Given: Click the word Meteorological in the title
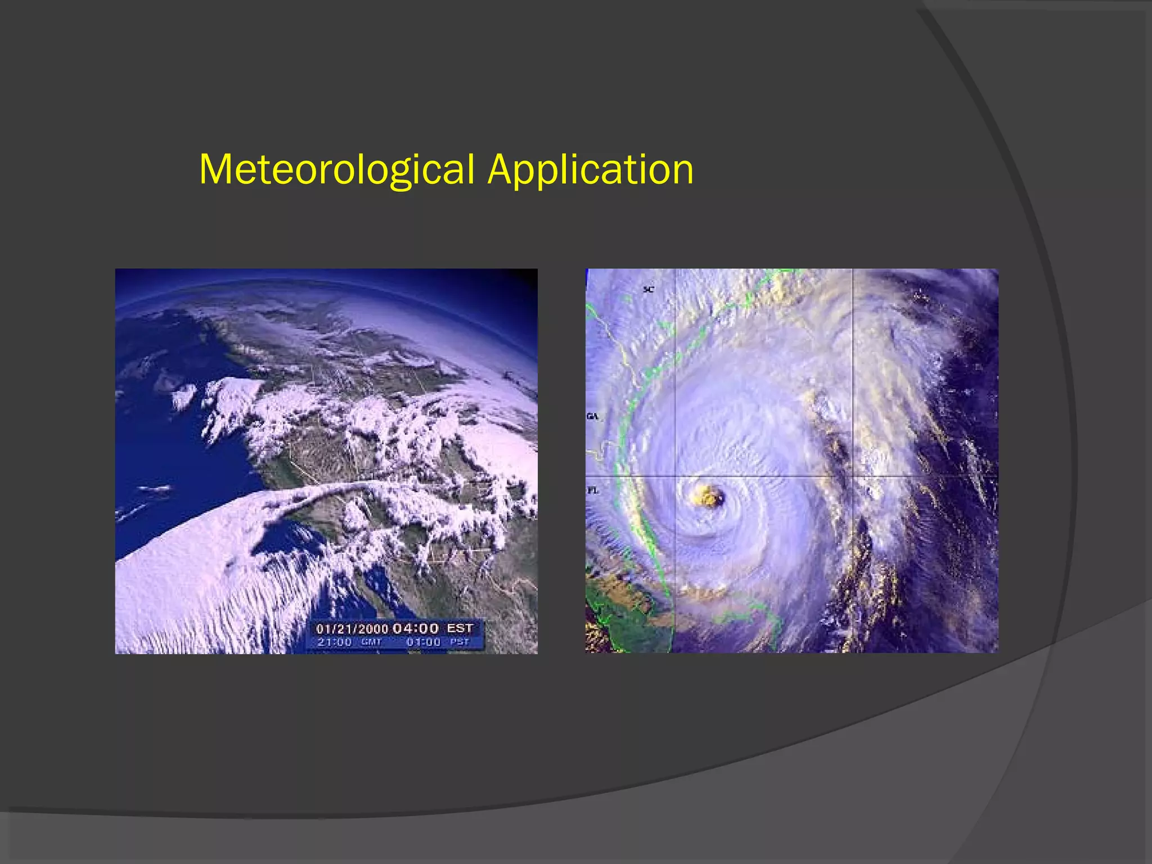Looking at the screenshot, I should pos(336,169).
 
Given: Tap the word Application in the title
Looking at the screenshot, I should pos(591,169).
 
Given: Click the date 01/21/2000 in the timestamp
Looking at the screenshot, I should pos(352,629).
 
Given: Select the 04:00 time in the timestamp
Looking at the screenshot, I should pos(415,628).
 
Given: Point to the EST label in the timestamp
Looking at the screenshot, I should pos(460,628).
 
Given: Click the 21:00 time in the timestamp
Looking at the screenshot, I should pos(334,642).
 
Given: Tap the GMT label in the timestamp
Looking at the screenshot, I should pos(371,642).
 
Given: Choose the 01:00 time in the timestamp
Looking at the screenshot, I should pos(423,642).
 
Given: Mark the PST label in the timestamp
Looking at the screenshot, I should pos(459,642).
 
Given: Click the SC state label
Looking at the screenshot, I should pos(649,289).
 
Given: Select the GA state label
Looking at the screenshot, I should pos(593,416).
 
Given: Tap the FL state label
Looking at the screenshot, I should pos(593,490).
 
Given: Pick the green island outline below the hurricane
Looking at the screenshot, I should pos(748,619).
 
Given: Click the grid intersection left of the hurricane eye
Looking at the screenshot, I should pos(675,476).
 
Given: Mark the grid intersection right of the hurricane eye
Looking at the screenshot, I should pos(853,476).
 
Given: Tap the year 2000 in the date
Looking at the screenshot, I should pos(375,629).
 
